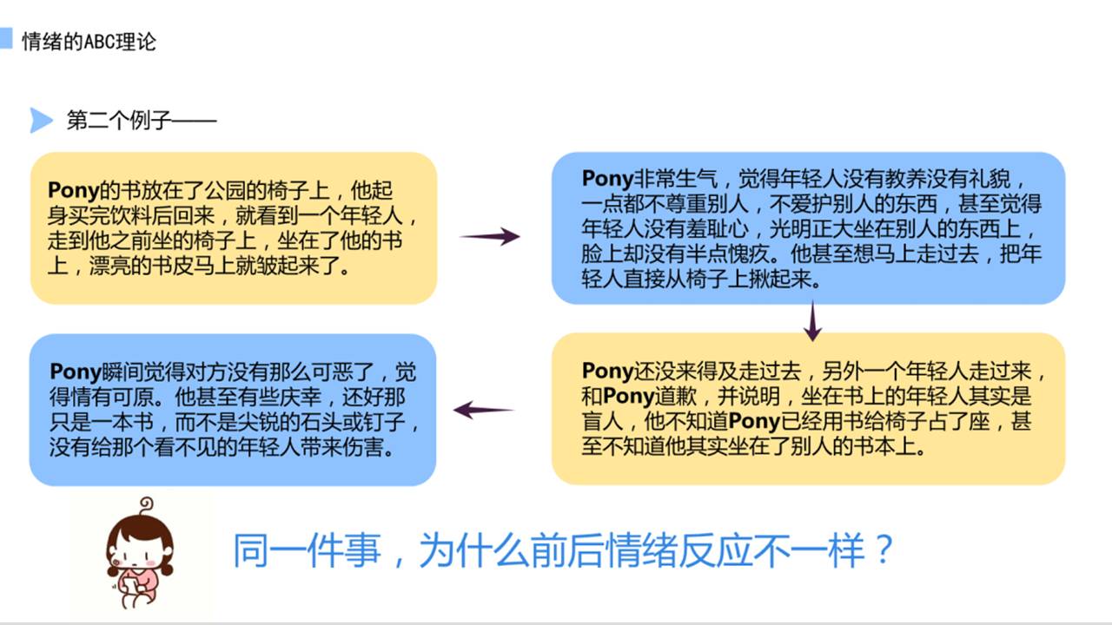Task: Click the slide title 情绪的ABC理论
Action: [x=89, y=41]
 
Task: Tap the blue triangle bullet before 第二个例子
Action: [x=41, y=120]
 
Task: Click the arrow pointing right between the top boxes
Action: [x=489, y=236]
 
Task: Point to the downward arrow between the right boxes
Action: [x=812, y=321]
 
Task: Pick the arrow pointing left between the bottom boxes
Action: [x=484, y=410]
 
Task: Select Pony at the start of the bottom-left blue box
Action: [x=75, y=373]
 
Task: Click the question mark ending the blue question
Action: [x=884, y=550]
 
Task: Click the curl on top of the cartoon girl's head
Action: [x=146, y=503]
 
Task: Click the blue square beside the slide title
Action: [x=6, y=38]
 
